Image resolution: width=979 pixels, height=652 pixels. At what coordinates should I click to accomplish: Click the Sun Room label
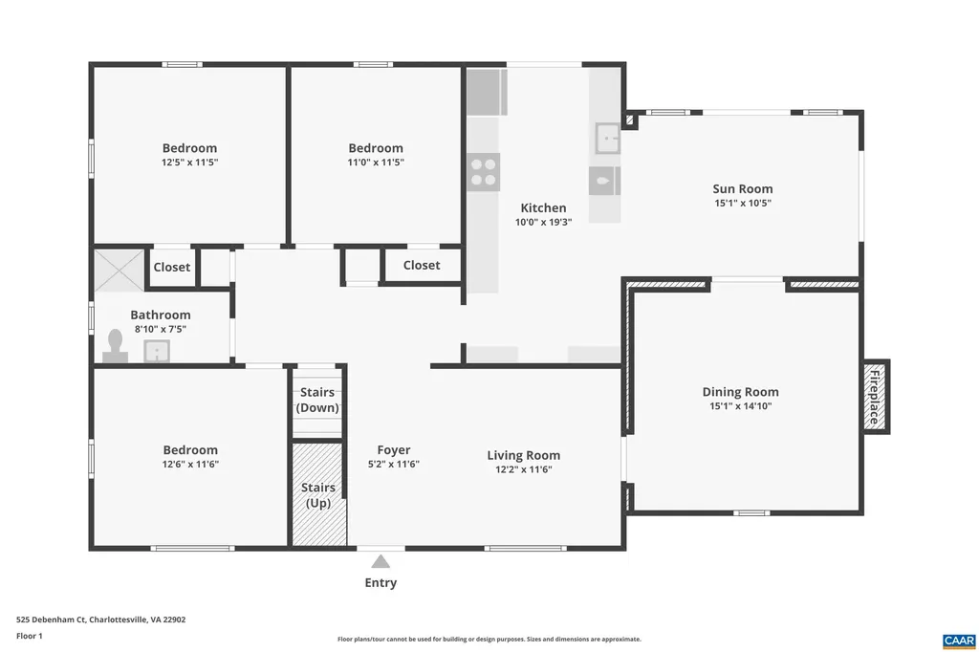click(x=742, y=188)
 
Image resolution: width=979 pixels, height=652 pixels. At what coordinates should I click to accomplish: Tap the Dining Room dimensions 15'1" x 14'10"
click(x=740, y=406)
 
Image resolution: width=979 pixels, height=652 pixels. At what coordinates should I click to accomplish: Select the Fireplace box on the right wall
click(x=875, y=396)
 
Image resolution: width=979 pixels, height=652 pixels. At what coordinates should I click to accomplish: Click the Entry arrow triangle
click(x=381, y=561)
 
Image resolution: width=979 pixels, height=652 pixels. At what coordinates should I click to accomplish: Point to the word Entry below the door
click(x=381, y=583)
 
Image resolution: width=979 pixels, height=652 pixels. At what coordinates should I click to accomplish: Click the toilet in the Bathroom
click(x=116, y=346)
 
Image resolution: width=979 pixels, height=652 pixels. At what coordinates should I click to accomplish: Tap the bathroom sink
click(x=157, y=352)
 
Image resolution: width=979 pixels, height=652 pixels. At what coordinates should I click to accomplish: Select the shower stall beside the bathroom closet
click(x=119, y=270)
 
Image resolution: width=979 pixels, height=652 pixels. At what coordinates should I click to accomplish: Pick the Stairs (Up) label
click(x=317, y=495)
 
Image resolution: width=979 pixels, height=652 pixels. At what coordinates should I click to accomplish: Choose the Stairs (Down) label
click(x=317, y=400)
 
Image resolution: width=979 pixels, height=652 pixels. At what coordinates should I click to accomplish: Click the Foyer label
click(x=393, y=450)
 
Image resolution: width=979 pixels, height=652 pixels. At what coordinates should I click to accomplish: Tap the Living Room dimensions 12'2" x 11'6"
click(x=523, y=469)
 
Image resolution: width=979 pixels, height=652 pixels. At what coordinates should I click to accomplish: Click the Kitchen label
click(x=543, y=207)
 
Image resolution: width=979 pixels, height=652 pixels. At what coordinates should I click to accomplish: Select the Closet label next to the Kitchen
click(x=422, y=265)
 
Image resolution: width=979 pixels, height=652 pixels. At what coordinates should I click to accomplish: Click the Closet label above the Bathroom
click(x=172, y=268)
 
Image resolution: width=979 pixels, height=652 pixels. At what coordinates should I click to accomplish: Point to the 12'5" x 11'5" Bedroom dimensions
click(x=189, y=163)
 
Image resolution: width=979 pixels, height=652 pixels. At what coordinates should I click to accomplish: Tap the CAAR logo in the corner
click(x=958, y=640)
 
